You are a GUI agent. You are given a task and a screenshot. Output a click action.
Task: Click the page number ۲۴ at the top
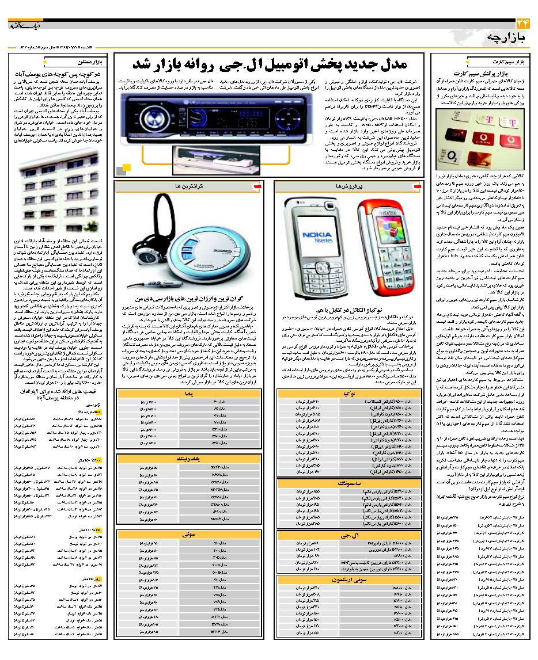coord(522,24)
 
